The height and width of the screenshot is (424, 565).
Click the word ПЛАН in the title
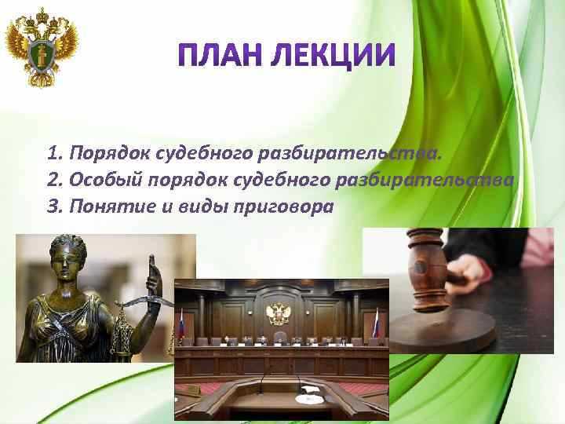[214, 56]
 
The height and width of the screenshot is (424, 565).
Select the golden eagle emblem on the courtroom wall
[279, 314]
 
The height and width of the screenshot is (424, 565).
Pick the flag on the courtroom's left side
[181, 323]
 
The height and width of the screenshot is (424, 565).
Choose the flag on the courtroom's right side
[375, 323]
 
